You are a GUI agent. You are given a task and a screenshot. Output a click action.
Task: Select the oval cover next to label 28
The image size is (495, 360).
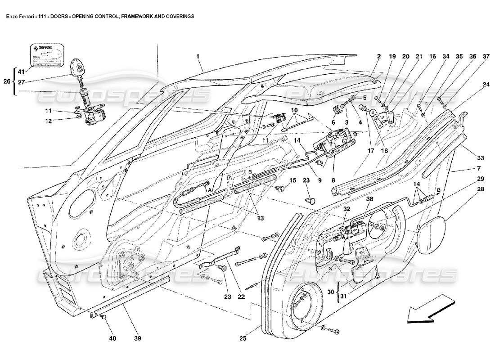tap(430, 232)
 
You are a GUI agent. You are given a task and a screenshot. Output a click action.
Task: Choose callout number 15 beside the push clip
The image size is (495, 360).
tap(292, 181)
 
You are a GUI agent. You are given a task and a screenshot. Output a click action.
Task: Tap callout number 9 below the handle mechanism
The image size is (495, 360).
tap(319, 181)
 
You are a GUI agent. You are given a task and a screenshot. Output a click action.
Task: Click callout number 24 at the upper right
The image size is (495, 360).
tap(486, 84)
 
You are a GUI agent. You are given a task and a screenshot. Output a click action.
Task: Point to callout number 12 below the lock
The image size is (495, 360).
tap(61, 121)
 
